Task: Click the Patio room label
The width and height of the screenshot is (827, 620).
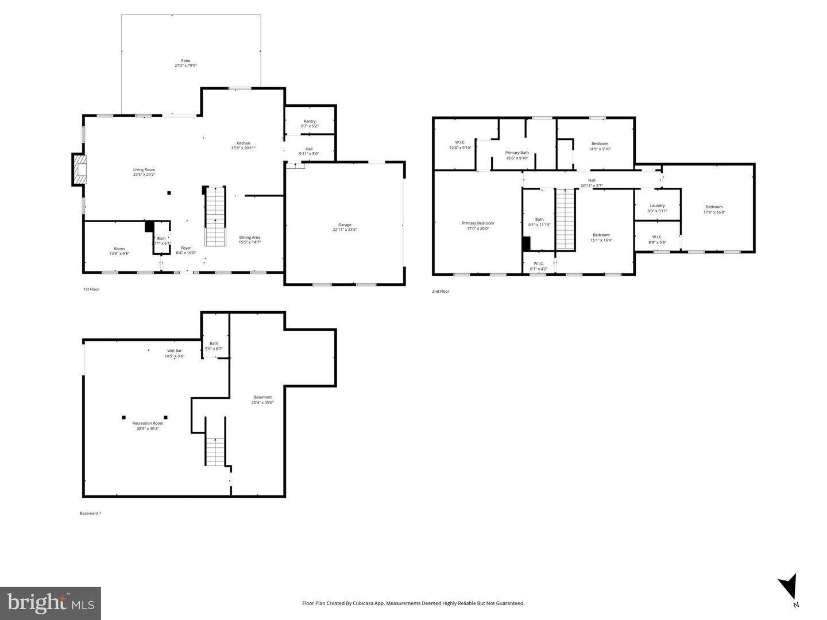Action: click(x=186, y=61)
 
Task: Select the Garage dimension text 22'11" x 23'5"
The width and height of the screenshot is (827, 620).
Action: click(x=345, y=230)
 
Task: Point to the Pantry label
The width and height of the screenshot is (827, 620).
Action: click(x=310, y=121)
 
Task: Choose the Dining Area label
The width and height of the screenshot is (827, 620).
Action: click(x=250, y=237)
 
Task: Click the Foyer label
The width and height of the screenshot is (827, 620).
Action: click(x=186, y=248)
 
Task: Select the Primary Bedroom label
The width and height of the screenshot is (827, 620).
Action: click(x=478, y=223)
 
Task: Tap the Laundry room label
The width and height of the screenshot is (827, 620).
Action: click(x=658, y=206)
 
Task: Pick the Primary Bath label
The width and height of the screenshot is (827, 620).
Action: click(x=517, y=153)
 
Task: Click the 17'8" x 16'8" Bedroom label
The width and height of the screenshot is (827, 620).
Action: click(x=714, y=207)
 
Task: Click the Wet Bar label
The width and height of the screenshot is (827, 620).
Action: click(x=175, y=351)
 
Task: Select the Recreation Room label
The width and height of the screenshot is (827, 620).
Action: click(x=148, y=423)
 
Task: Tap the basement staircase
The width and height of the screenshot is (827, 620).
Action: click(x=215, y=451)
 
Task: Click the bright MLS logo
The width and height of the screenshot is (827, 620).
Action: click(x=51, y=603)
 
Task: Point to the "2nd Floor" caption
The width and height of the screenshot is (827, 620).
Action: click(x=440, y=292)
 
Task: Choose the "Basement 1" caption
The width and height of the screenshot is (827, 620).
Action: click(x=90, y=513)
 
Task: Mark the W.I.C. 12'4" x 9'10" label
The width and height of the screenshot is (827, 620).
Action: click(x=460, y=143)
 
